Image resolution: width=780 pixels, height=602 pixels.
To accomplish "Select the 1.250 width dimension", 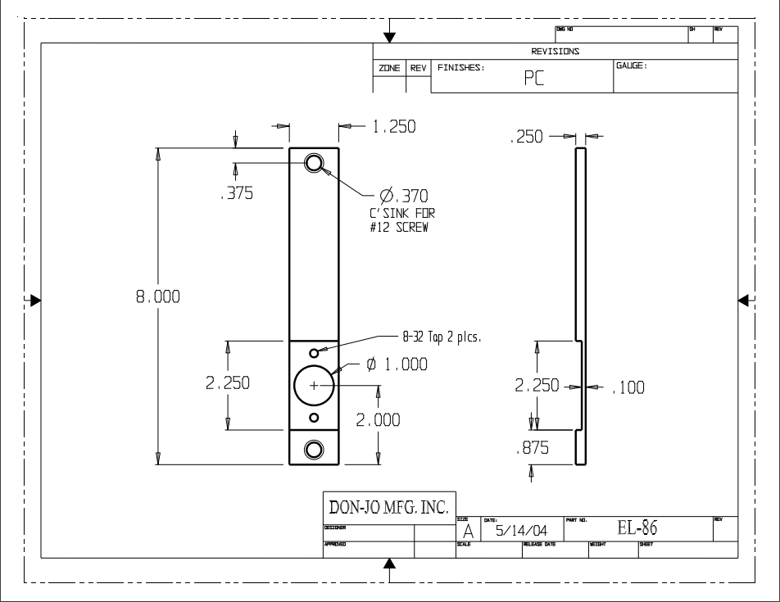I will click(394, 127).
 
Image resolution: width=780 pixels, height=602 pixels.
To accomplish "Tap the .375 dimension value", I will click(236, 194).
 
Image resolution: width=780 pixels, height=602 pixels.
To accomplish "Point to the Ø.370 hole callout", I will click(403, 196).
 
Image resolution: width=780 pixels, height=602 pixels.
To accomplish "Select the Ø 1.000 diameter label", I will click(397, 365).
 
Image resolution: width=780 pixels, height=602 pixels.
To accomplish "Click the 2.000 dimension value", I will click(378, 420).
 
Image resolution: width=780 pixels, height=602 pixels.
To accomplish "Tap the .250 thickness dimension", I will click(526, 138).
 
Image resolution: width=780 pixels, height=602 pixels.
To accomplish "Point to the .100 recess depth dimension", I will click(628, 388).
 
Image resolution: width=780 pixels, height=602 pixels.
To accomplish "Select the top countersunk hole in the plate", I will click(314, 163).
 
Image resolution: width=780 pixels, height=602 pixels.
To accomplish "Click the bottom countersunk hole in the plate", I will click(314, 448).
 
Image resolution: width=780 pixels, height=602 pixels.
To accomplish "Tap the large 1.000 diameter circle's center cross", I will click(314, 384).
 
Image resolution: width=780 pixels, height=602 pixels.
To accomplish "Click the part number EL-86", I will click(637, 529).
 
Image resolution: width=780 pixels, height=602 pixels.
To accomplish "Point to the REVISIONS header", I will click(555, 51).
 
